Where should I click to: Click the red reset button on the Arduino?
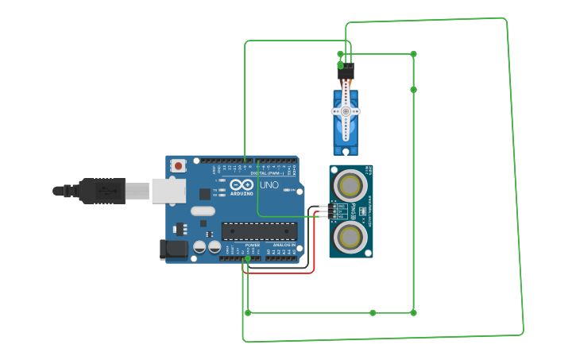tap(179, 166)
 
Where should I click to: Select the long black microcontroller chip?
tap(259, 231)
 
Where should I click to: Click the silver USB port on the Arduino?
tap(168, 191)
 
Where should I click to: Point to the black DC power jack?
tap(174, 250)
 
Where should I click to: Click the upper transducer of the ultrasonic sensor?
tap(350, 185)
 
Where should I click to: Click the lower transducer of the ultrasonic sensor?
tap(350, 236)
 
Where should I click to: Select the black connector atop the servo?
tap(346, 70)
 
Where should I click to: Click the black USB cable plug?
tap(100, 191)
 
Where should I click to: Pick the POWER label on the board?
tap(253, 246)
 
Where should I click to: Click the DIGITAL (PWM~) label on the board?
tap(269, 172)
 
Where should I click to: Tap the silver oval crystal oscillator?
tap(203, 211)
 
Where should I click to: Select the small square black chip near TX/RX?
tap(205, 193)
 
